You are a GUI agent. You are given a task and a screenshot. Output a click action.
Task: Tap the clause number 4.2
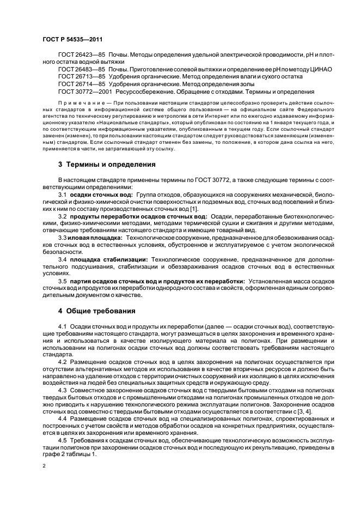click(x=63, y=361)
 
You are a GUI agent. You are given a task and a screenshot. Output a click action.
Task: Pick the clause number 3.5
click(x=63, y=281)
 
